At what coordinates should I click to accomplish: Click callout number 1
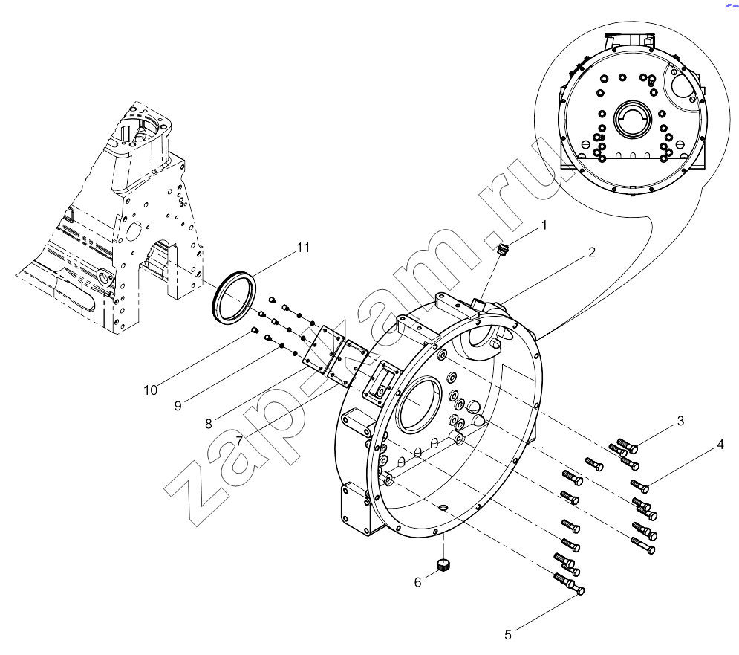[544, 225]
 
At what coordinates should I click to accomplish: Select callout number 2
[592, 253]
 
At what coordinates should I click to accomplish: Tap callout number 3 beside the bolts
[680, 421]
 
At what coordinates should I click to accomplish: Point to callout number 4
[720, 445]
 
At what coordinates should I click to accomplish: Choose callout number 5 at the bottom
[508, 635]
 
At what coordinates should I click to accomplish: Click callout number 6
[417, 583]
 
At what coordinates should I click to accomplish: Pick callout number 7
[239, 442]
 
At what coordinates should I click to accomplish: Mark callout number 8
[209, 425]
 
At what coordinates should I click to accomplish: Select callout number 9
[178, 406]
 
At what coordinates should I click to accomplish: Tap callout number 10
[150, 390]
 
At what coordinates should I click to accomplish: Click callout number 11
[303, 248]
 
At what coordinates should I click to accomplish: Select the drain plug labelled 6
[443, 564]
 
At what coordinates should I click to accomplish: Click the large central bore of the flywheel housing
[420, 404]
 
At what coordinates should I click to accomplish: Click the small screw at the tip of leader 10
[255, 330]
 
